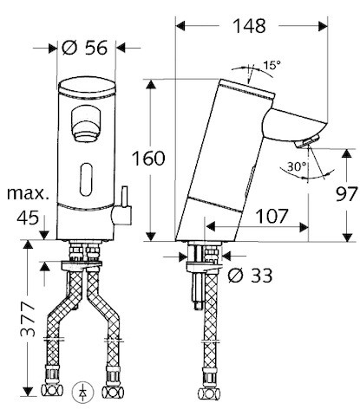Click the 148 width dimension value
(249, 26)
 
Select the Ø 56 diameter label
(84, 48)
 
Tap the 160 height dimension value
(148, 159)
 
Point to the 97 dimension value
(346, 194)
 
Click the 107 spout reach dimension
(272, 216)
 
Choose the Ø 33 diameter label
(250, 276)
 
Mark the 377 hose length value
(28, 320)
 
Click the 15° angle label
(272, 65)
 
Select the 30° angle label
(297, 166)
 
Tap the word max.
(28, 193)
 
